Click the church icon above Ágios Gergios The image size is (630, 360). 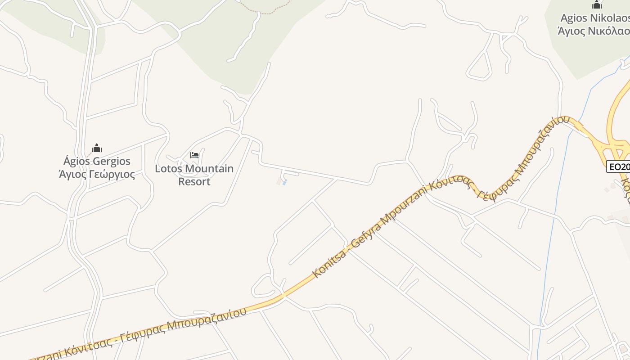97,148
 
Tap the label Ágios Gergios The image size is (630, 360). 97,161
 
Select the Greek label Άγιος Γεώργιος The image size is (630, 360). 97,174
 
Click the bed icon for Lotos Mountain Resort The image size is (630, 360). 194,155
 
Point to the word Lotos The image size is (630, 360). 168,169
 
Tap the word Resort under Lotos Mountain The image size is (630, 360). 194,181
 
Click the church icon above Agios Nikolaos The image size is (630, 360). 597,5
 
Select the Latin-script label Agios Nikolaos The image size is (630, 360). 594,18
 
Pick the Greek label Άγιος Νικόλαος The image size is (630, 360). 594,31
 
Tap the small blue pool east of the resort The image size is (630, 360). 284,182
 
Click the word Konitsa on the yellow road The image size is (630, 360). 330,263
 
